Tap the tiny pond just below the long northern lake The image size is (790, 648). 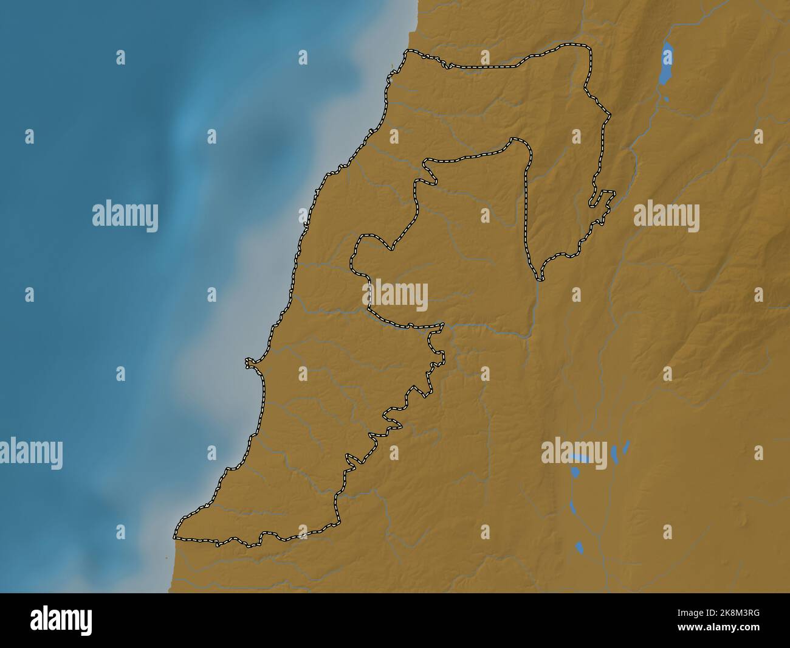666,99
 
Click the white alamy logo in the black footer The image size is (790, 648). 61,620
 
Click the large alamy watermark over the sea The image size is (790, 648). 125,216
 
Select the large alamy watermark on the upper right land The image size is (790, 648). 666,216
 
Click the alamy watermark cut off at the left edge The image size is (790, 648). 30,453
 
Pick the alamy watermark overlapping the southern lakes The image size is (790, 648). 574,453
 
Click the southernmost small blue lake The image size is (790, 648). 579,547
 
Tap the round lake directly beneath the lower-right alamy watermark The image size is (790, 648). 575,472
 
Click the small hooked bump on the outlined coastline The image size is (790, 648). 249,364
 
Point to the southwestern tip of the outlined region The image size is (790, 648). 176,535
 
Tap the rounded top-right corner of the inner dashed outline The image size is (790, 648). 520,143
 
